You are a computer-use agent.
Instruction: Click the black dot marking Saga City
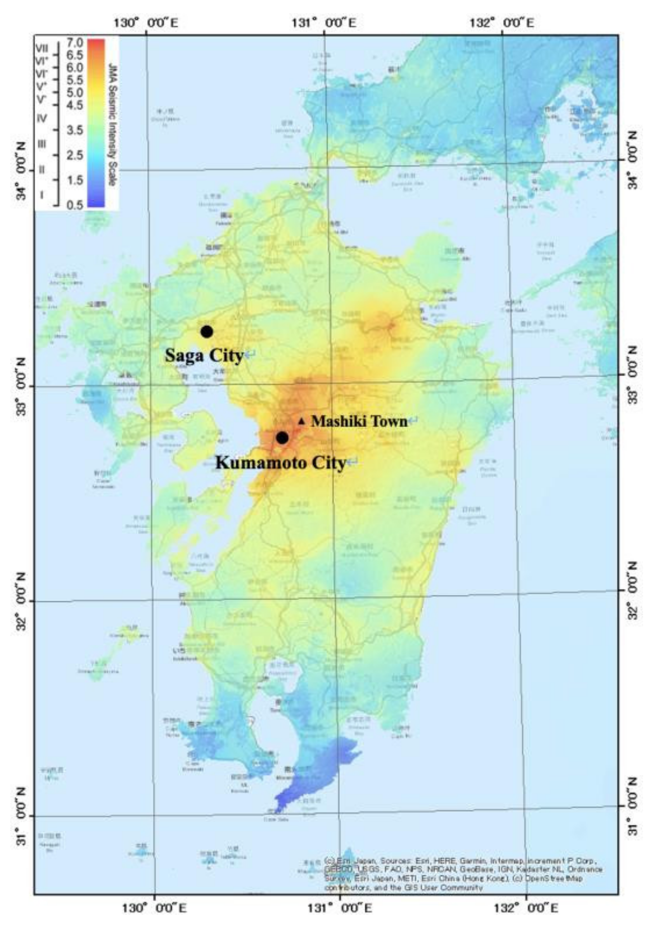coord(207,331)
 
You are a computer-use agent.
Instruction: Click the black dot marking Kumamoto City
coord(282,438)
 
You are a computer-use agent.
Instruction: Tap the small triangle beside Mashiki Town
coord(301,421)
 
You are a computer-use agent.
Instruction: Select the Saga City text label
coord(204,355)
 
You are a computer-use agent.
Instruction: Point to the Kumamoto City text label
coord(280,462)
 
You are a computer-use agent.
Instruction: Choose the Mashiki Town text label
coord(359,421)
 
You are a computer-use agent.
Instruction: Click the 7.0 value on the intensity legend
coord(75,43)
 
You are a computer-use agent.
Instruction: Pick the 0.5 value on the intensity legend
coord(75,205)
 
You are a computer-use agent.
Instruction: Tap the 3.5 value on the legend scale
coord(75,130)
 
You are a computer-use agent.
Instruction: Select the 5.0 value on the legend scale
coord(75,92)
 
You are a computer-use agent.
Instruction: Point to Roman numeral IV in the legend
coord(42,118)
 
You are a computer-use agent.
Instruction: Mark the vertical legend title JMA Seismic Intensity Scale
coord(112,124)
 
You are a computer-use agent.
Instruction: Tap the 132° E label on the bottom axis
coord(527,908)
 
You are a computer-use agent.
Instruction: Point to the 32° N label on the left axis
coord(21,601)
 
